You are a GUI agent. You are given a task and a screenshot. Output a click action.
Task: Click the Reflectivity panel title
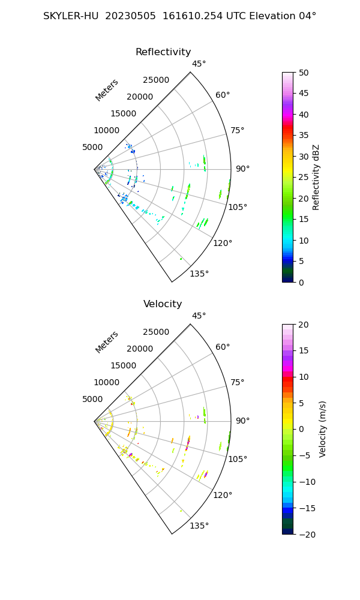tap(163, 52)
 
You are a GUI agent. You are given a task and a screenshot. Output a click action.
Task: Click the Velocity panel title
tap(163, 304)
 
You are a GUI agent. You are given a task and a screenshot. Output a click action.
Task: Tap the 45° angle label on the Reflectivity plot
tap(199, 64)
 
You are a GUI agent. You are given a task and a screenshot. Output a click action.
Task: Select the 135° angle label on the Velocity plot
tap(199, 526)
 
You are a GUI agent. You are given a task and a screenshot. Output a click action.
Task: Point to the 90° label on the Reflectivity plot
tap(242, 169)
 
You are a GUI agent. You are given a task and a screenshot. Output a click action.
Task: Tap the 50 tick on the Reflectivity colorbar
tap(304, 73)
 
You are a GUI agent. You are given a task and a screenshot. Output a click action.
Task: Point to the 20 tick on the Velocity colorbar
tap(304, 325)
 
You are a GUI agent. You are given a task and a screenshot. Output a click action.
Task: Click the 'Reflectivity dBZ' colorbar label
tap(316, 177)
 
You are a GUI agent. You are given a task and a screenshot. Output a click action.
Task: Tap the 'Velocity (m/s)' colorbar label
tap(322, 429)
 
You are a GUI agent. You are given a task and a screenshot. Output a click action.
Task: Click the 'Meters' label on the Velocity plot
tap(107, 342)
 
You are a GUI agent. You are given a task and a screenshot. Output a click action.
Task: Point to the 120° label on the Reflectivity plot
tap(223, 243)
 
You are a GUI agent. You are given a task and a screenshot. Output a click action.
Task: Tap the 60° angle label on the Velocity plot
tap(223, 347)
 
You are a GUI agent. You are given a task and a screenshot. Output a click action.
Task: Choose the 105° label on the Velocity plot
tap(238, 459)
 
